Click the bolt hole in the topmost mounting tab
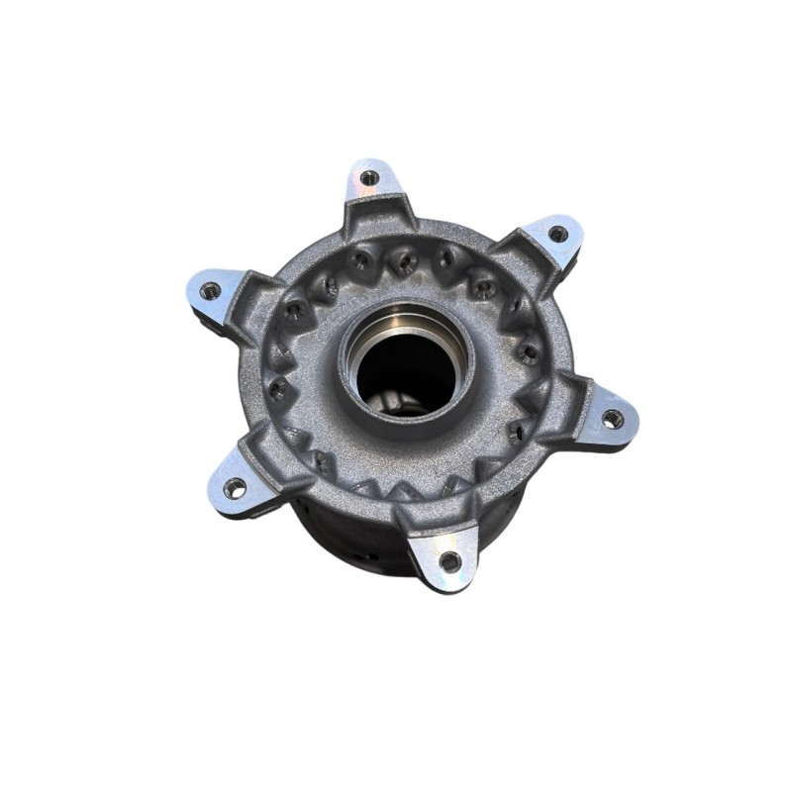[369, 178]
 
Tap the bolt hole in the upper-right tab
[557, 235]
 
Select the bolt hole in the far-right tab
[613, 419]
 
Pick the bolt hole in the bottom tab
[449, 561]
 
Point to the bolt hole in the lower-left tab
[235, 487]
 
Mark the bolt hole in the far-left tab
[210, 291]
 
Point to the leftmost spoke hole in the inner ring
[278, 386]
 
